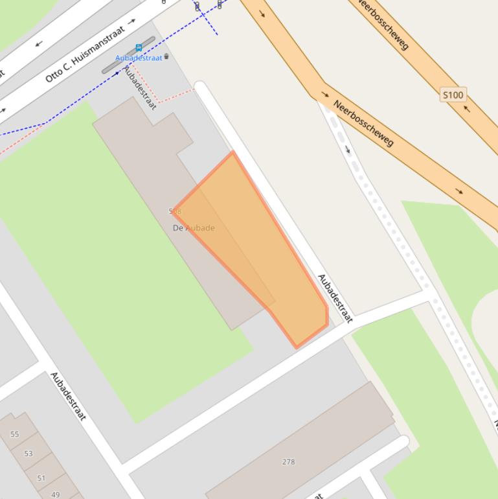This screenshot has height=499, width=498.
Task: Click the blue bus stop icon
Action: [139, 48]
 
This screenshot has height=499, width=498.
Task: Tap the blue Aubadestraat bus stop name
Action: [139, 58]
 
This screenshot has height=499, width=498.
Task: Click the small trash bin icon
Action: [166, 56]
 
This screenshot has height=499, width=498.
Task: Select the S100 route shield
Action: [453, 95]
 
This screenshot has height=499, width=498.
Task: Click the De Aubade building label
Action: [194, 228]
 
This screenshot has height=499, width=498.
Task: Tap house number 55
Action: [15, 434]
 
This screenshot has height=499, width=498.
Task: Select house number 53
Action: [28, 454]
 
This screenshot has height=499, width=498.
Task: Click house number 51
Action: [41, 478]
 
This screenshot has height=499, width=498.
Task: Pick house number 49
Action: [55, 494]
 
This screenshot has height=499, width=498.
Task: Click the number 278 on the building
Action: [288, 461]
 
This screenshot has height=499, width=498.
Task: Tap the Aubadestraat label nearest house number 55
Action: [68, 396]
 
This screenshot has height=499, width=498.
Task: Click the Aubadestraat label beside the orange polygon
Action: [335, 298]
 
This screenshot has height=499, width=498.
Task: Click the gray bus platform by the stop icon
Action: [129, 55]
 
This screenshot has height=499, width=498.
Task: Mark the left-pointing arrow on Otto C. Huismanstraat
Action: [38, 44]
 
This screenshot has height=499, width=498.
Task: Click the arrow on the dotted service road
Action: [348, 150]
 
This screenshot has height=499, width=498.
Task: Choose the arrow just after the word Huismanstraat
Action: [132, 21]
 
